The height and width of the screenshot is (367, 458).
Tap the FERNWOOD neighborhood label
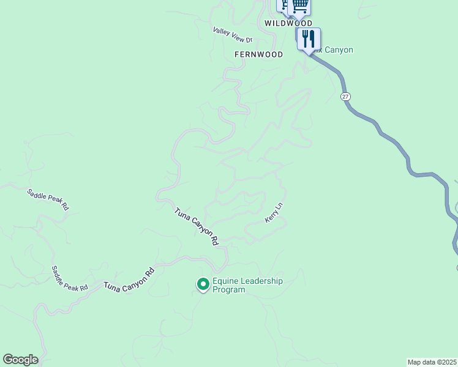pyautogui.click(x=258, y=54)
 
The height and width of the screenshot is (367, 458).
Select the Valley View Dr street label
pyautogui.click(x=233, y=35)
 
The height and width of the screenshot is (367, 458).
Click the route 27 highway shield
pyautogui.click(x=346, y=97)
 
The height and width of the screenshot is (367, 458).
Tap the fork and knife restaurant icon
pyautogui.click(x=309, y=39)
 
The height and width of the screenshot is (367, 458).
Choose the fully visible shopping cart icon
pyautogui.click(x=299, y=6)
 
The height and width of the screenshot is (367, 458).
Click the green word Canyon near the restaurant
pyautogui.click(x=339, y=50)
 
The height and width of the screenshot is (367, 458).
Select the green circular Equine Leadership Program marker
pyautogui.click(x=203, y=284)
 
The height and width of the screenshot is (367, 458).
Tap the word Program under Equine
pyautogui.click(x=228, y=290)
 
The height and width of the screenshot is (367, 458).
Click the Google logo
pyautogui.click(x=20, y=360)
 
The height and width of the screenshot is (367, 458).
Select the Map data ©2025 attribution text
pyautogui.click(x=432, y=362)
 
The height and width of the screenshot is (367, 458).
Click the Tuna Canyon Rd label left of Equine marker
pyautogui.click(x=129, y=279)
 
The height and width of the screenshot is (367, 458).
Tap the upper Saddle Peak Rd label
pyautogui.click(x=48, y=199)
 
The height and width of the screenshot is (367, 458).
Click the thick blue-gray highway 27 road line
pyautogui.click(x=404, y=153)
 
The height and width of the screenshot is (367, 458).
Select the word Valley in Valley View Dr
pyautogui.click(x=221, y=31)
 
